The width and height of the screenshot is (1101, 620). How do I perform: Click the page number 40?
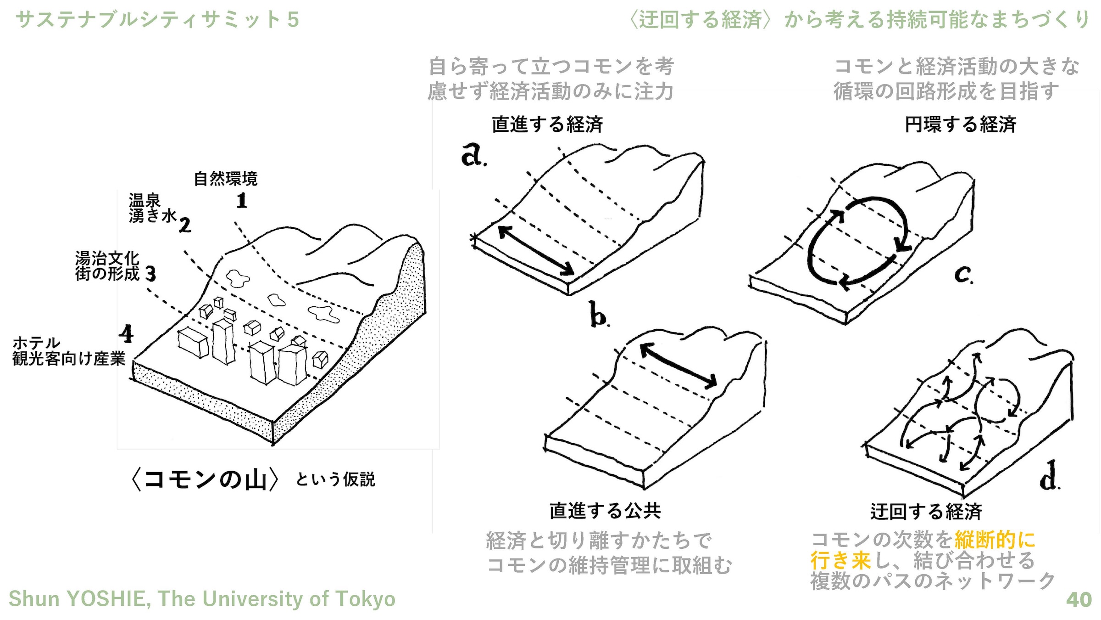coord(1079,599)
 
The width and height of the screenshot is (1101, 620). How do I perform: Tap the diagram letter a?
coord(473,154)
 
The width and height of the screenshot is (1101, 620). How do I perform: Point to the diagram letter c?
coord(963,275)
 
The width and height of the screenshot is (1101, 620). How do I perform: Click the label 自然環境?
coord(226,178)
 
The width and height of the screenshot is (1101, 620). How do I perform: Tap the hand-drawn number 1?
coord(242,201)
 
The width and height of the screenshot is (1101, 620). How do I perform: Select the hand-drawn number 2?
coord(185,225)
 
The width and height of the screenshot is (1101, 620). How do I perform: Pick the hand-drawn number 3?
coord(151,274)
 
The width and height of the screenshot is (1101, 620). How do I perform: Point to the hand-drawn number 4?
coord(126,334)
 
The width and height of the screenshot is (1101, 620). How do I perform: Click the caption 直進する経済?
coord(547,124)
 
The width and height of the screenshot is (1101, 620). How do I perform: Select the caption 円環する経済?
coord(960,124)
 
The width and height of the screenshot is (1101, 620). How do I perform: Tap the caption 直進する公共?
coord(605,511)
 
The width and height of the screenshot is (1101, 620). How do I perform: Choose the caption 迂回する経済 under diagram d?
coord(926,512)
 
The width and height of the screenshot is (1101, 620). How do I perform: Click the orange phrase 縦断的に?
coord(995,540)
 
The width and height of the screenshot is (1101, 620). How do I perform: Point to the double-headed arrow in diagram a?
coord(536,251)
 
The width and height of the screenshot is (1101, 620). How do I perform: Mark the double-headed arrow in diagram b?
coord(678,366)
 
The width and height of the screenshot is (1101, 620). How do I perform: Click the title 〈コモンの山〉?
coord(205,479)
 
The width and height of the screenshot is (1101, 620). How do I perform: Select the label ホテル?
coord(36,343)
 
